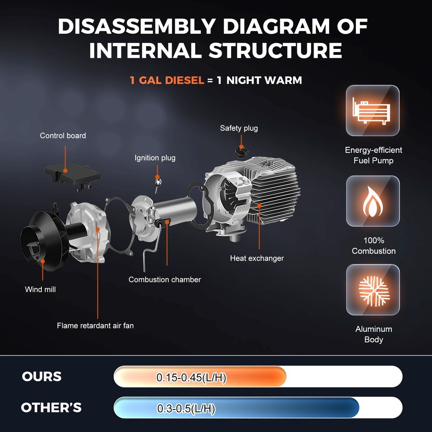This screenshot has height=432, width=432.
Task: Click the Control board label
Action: [x=63, y=136]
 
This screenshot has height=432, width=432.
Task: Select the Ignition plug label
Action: [x=155, y=158]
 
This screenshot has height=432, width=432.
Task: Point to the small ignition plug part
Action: [x=158, y=184]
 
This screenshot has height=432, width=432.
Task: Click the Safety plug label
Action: [x=239, y=128]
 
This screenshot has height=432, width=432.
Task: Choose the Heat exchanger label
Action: [x=257, y=258]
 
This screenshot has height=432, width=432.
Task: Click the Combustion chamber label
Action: [x=165, y=280]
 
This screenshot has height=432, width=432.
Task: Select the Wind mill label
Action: [x=40, y=289]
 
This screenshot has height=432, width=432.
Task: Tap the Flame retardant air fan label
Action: [x=95, y=326]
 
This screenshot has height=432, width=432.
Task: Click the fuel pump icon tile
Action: [x=372, y=111]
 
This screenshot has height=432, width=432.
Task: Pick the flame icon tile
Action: [x=373, y=201]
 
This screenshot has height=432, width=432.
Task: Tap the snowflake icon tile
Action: [x=373, y=290]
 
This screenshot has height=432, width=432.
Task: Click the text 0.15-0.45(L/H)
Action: [x=191, y=377]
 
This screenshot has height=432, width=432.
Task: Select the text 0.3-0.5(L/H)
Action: [x=186, y=408]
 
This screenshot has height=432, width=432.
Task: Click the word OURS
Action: [x=41, y=377]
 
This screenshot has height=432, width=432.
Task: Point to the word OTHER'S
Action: [x=51, y=407]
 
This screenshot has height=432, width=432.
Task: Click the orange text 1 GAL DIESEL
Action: [x=167, y=80]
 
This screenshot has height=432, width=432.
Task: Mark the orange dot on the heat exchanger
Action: [x=259, y=205]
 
